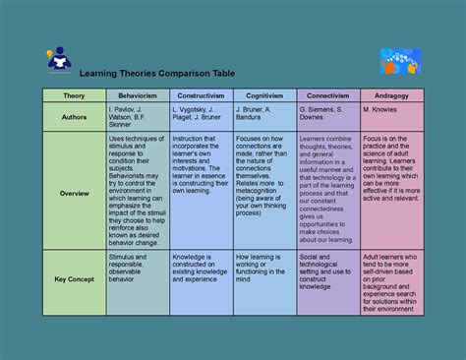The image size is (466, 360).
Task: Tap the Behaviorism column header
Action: (137, 95)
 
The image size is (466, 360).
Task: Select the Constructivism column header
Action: (200, 95)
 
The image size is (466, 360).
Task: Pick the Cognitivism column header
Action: (262, 95)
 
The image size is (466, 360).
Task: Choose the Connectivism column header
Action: (326, 95)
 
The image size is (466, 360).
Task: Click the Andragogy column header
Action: (391, 95)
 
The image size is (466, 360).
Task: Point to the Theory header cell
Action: (74, 95)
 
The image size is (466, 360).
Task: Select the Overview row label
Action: (74, 193)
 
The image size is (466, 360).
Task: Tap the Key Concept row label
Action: (74, 280)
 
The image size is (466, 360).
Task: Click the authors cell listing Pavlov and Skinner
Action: (137, 115)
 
